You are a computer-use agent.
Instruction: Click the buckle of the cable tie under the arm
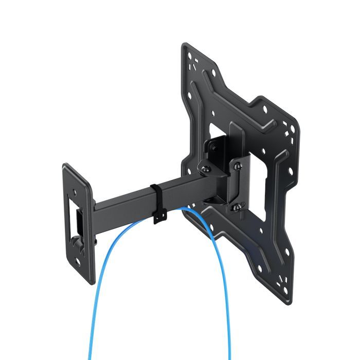coord(158,219)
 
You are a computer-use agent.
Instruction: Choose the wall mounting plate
coord(77,221)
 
